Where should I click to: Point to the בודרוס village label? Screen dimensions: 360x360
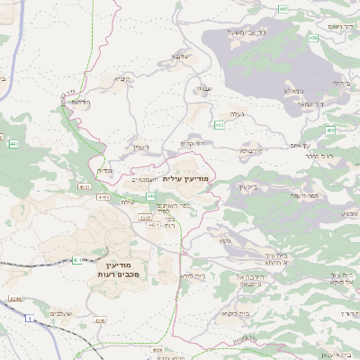pyautogui.click(x=81, y=102)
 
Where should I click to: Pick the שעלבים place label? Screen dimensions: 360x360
pyautogui.click(x=59, y=312)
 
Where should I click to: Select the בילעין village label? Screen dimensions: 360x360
pyautogui.click(x=247, y=186)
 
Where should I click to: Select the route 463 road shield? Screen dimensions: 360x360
pyautogui.click(x=219, y=124)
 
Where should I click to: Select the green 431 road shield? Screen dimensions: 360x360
pyautogui.click(x=77, y=260)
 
